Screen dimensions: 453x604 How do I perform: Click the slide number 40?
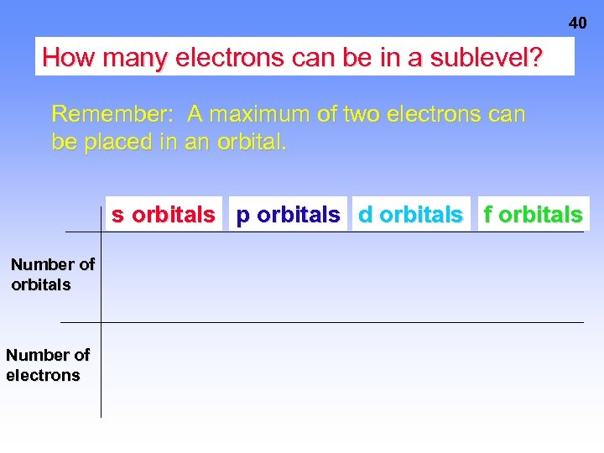577,23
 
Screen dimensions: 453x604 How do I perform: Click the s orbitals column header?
164,215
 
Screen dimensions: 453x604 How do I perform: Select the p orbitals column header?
288,215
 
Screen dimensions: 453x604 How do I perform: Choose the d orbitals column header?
410,215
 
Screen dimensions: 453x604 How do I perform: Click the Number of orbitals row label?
52,274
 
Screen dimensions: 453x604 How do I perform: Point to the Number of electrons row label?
47,365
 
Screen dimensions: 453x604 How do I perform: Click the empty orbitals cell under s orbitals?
164,277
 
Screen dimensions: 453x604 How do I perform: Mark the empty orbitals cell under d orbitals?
410,277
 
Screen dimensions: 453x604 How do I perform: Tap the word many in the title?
129,58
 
